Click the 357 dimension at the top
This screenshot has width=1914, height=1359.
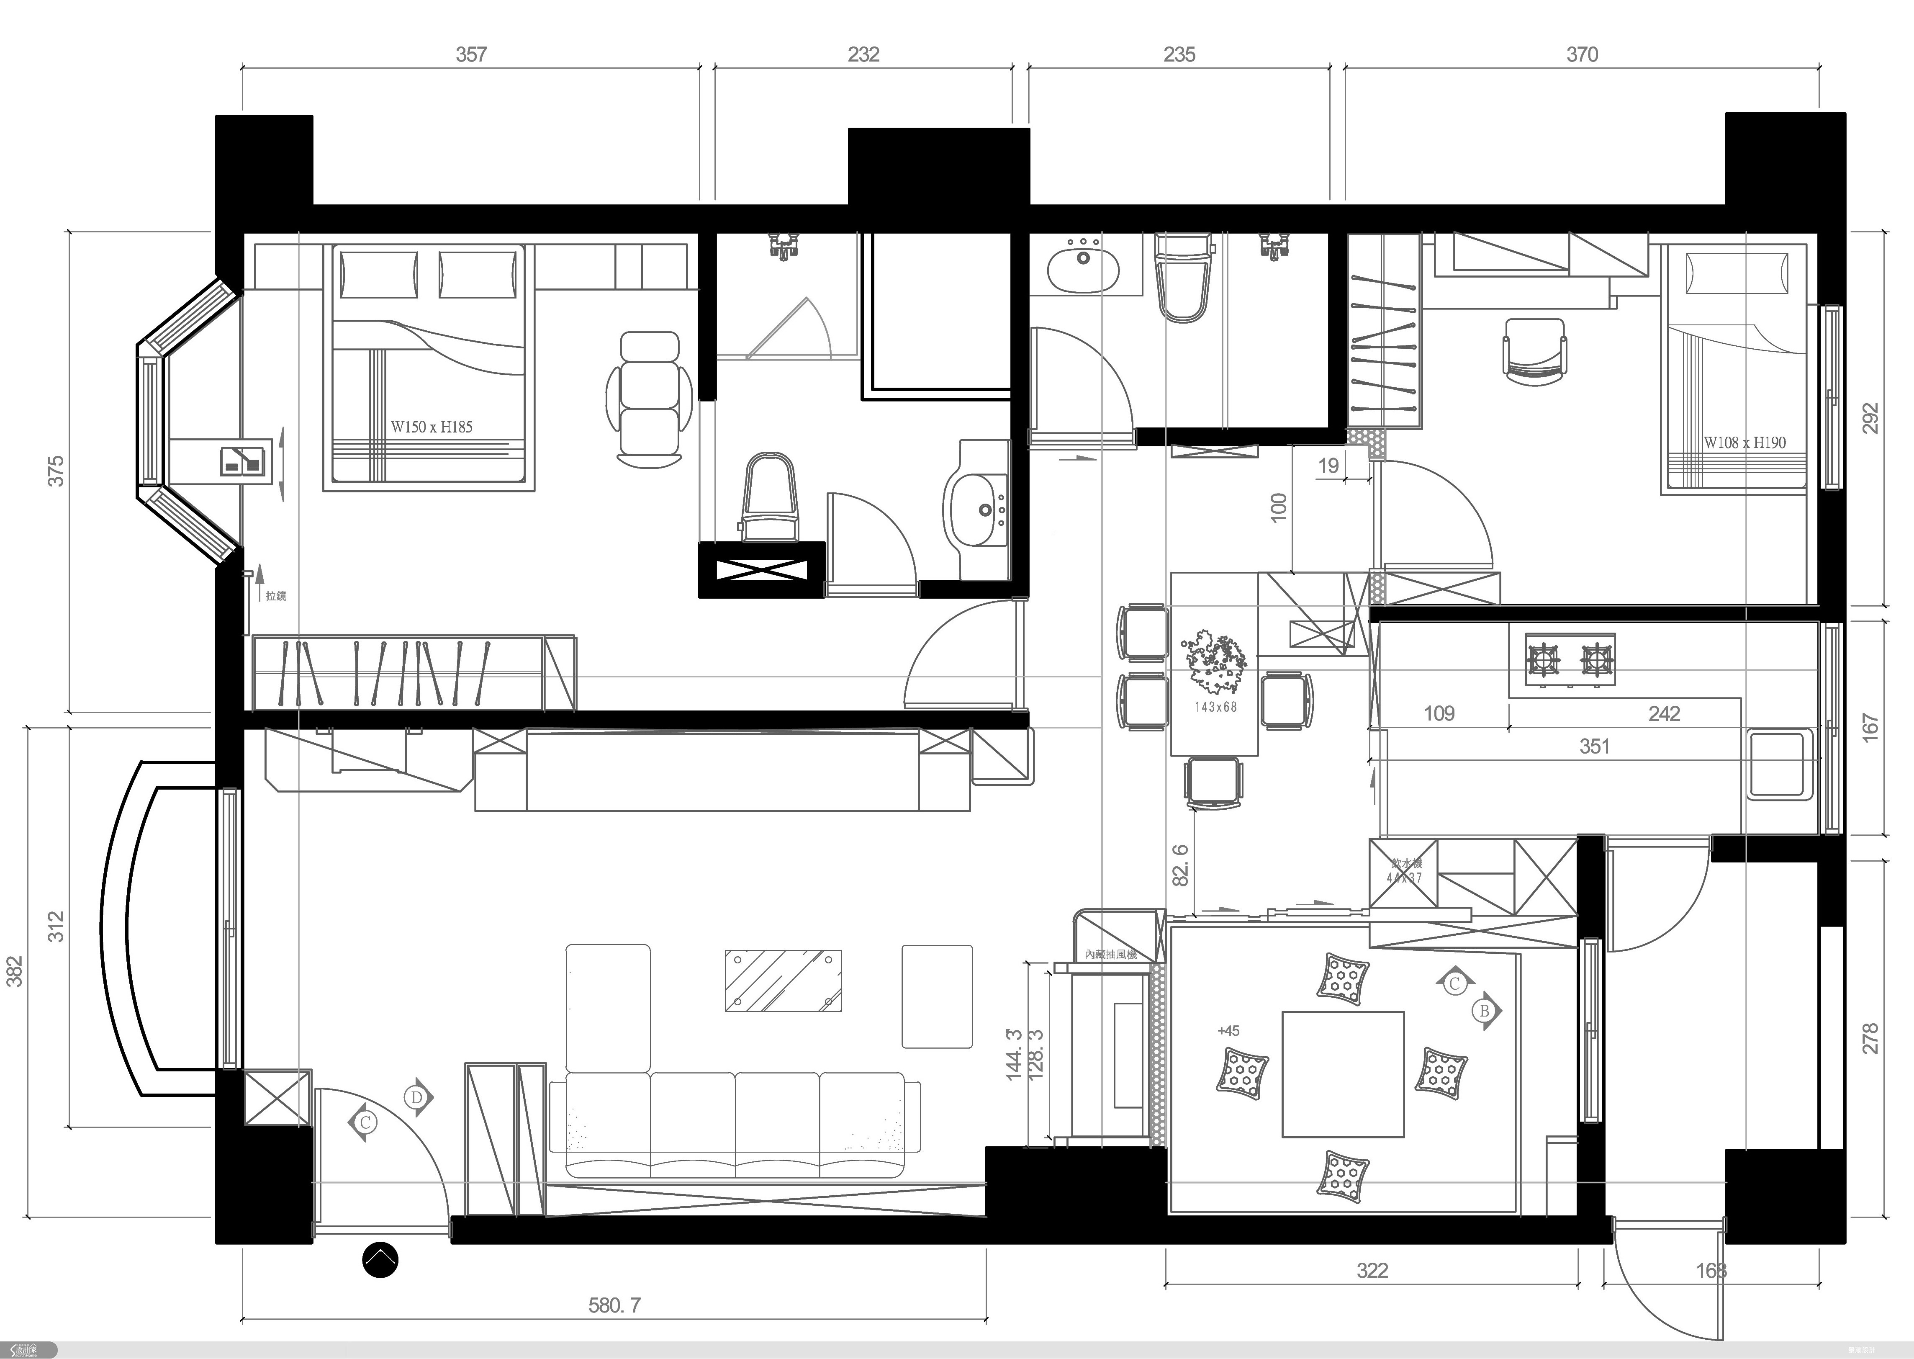click(471, 54)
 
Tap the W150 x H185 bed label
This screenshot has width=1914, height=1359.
click(432, 427)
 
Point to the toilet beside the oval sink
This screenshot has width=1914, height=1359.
click(1183, 276)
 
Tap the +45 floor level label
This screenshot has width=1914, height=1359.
click(1228, 1031)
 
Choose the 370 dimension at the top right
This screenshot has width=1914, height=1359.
click(1582, 54)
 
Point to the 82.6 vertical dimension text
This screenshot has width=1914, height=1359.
click(1180, 865)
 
